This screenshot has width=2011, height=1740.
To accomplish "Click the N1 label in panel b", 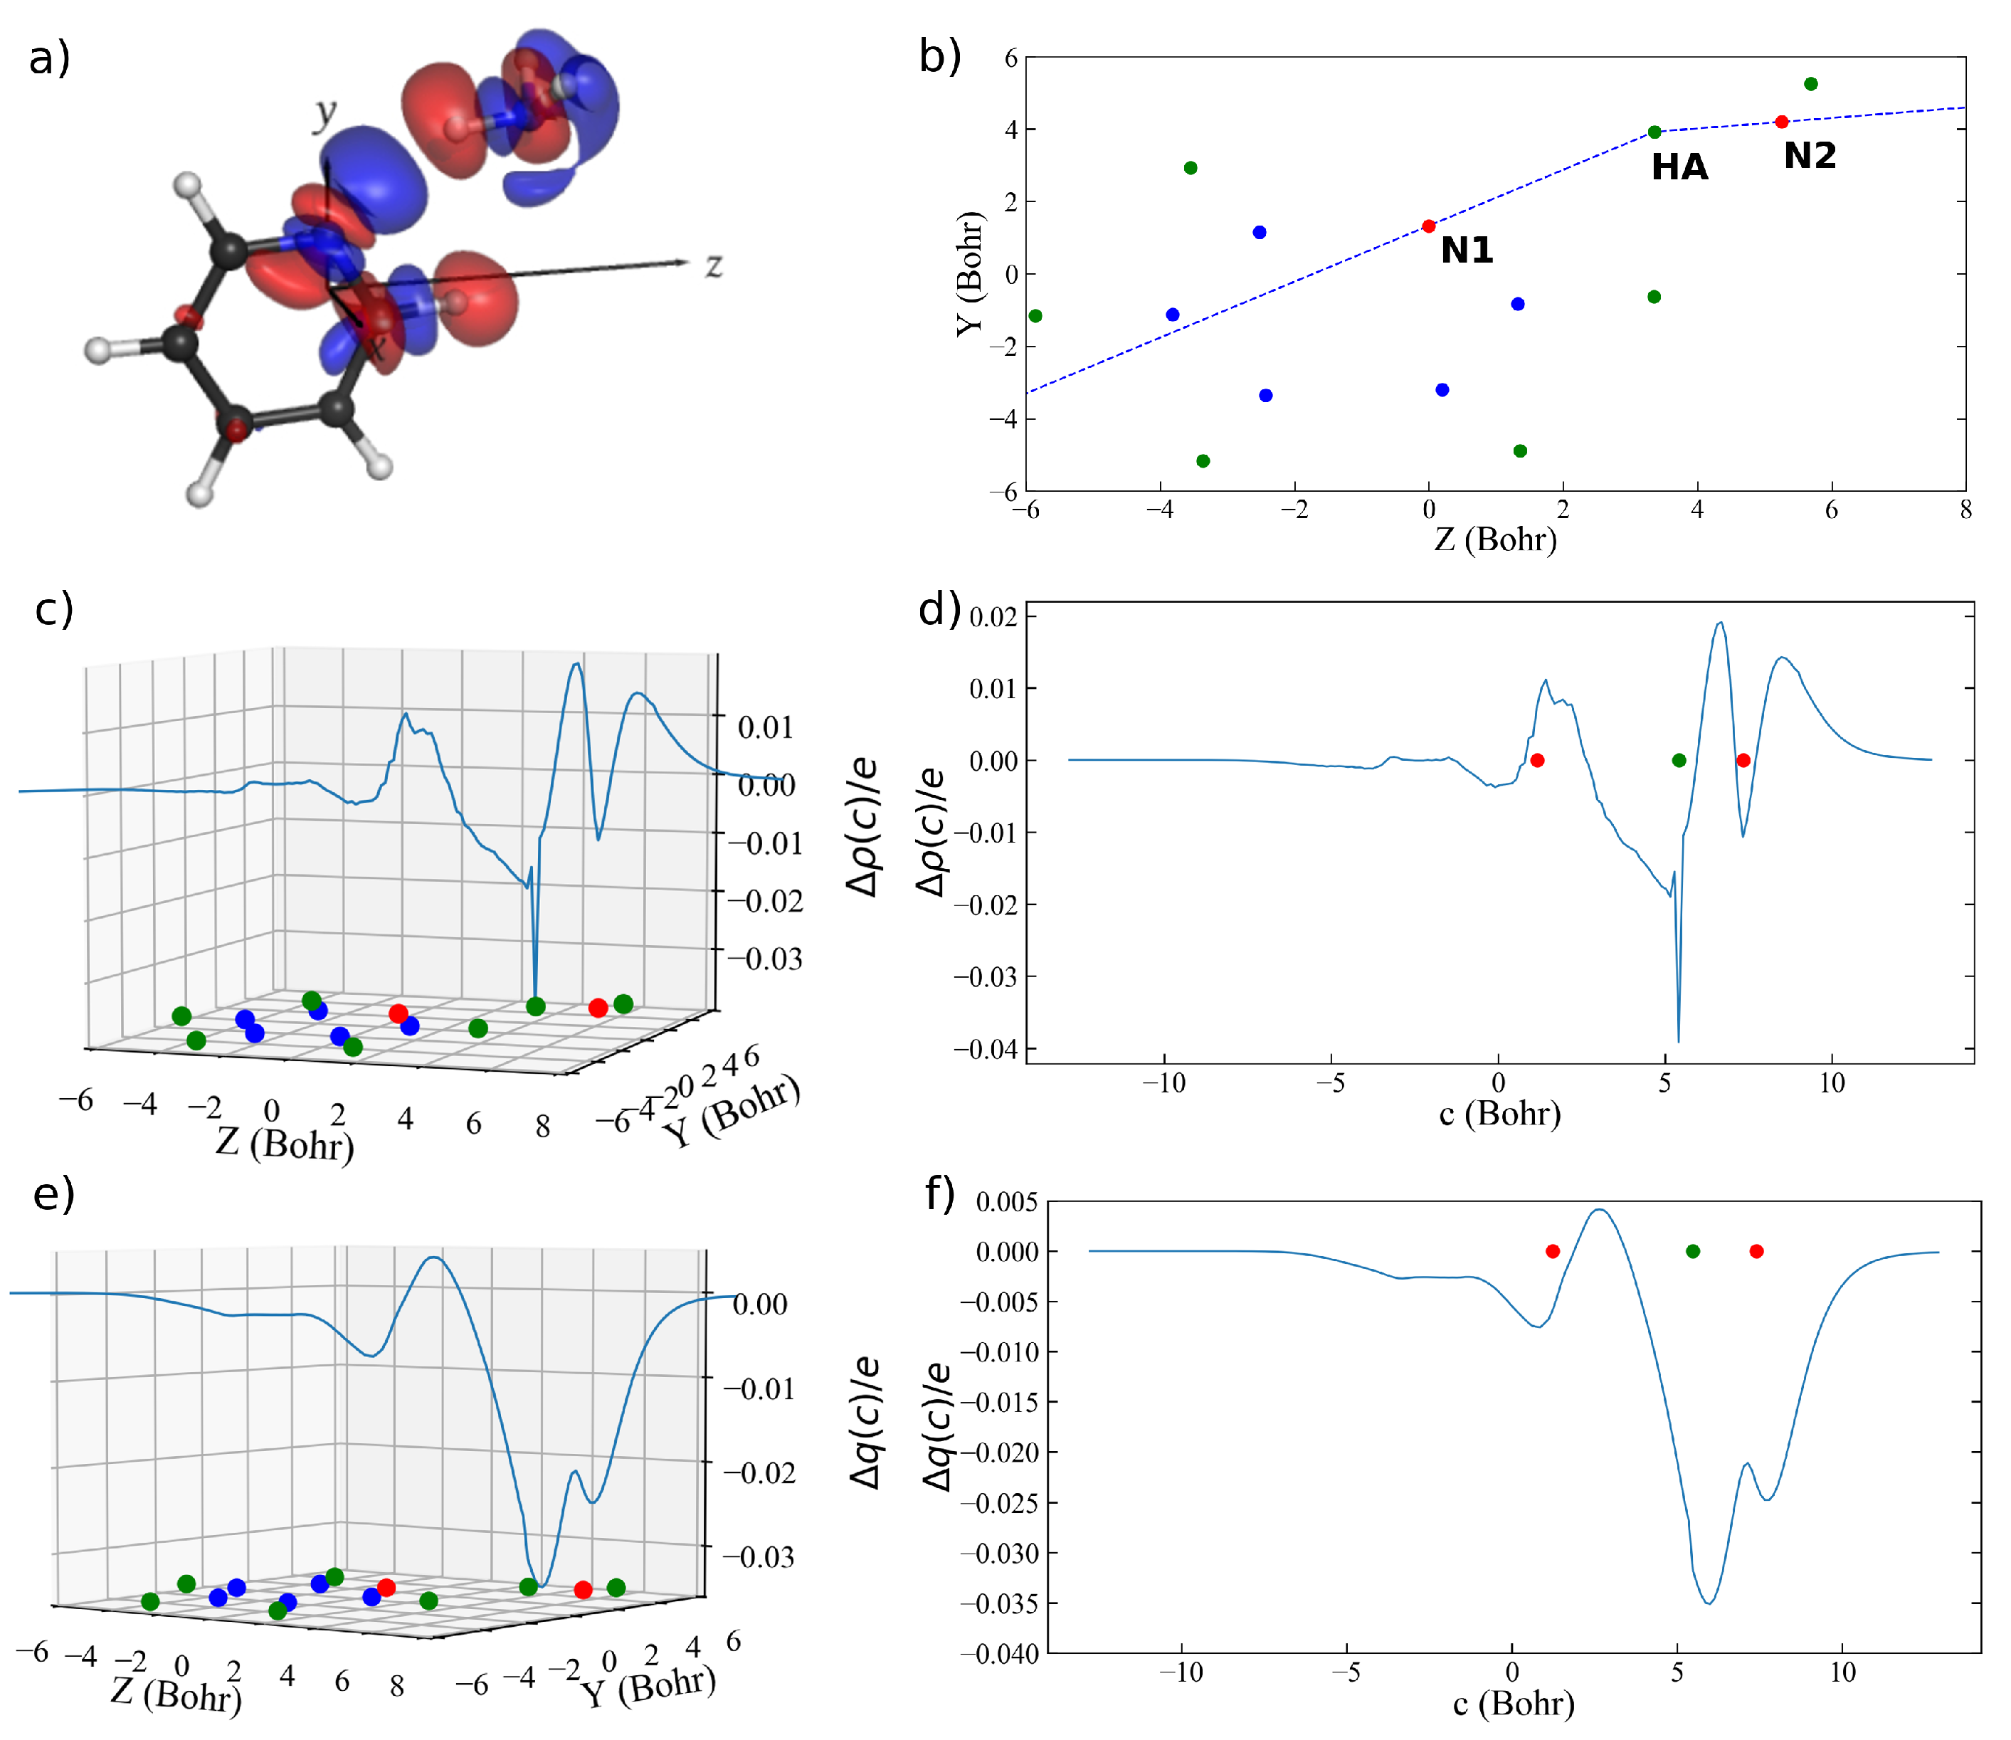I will (x=1466, y=251).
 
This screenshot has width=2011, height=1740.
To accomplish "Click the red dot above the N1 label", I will (x=1428, y=226).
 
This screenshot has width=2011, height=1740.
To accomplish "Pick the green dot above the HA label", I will (x=1654, y=132).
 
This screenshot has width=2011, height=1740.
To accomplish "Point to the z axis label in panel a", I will (x=714, y=264).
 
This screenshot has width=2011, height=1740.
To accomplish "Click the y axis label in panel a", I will (x=324, y=115).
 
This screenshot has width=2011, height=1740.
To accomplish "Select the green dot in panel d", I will (x=1679, y=760).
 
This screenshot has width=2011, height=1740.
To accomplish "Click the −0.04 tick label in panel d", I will (x=983, y=1049).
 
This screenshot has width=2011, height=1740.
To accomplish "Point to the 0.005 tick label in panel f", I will (x=1006, y=1202).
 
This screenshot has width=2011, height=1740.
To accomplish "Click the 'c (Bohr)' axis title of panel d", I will (x=1499, y=1113).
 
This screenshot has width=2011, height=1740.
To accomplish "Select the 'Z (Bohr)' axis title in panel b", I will (x=1494, y=538).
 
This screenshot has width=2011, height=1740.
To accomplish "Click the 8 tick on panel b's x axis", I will (x=1965, y=510).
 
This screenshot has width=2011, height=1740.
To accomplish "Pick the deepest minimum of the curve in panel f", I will (x=1709, y=1603).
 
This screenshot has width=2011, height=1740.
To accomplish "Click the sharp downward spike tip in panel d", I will (x=1678, y=1041).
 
